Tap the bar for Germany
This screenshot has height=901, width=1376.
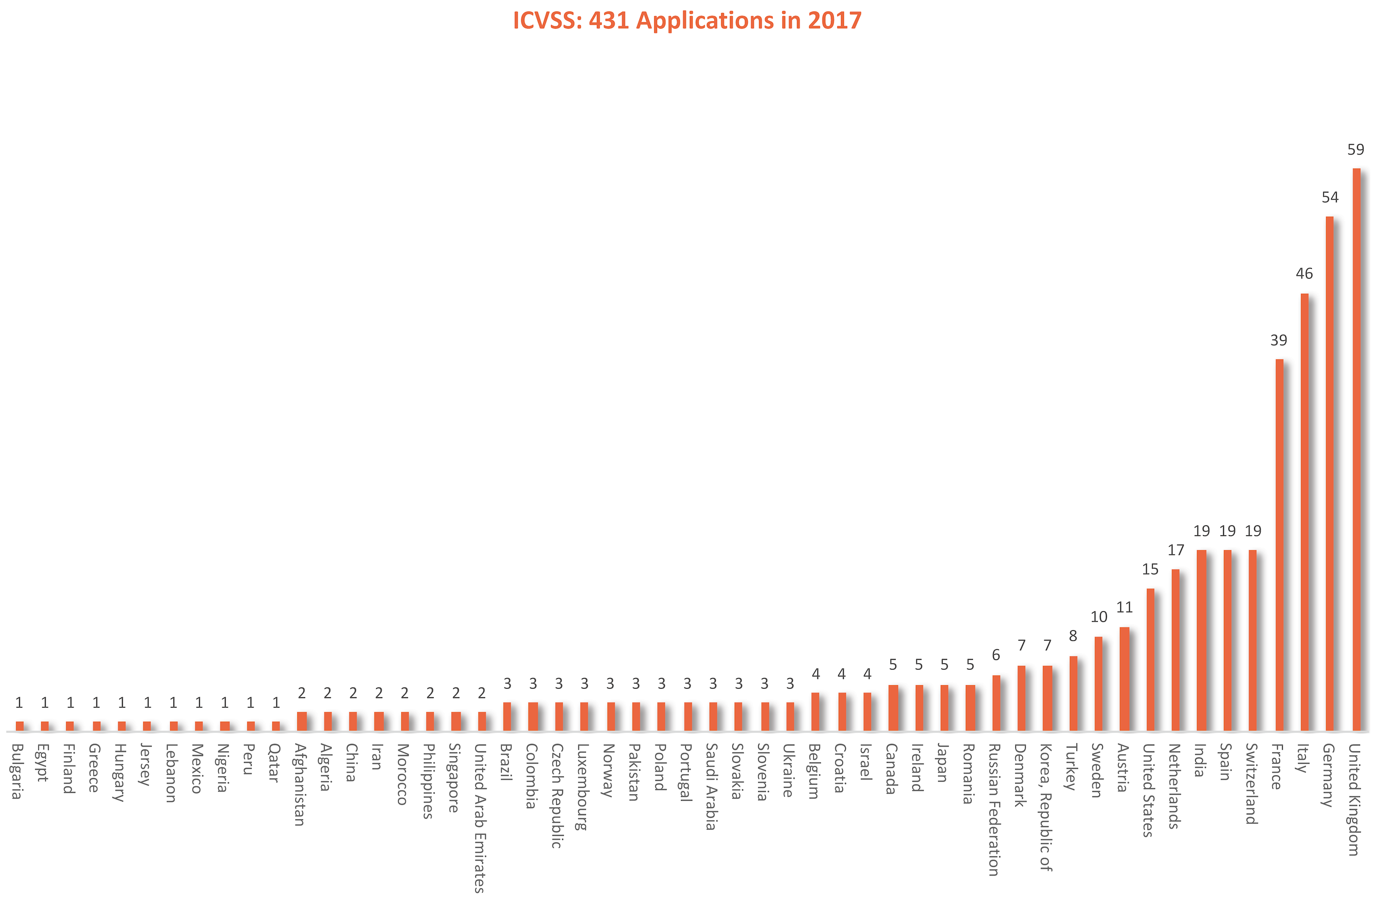(x=1330, y=474)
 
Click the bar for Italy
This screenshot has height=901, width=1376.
(x=1304, y=512)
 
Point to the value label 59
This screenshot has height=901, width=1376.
(x=1356, y=150)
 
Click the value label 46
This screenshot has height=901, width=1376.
(x=1304, y=274)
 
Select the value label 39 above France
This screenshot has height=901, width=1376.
(x=1278, y=341)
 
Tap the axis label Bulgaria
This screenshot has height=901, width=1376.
(x=18, y=771)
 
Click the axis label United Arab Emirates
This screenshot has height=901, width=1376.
(x=480, y=817)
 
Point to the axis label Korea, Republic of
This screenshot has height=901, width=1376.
(x=1046, y=806)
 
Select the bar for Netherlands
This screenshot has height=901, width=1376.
(x=1175, y=650)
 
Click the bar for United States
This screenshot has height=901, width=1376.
(x=1150, y=659)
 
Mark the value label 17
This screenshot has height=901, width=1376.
(x=1176, y=550)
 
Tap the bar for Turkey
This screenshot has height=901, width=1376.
(x=1073, y=694)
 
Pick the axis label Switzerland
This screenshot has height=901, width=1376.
(x=1252, y=783)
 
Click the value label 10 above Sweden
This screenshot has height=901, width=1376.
(x=1099, y=617)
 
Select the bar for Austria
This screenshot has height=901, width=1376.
(x=1124, y=679)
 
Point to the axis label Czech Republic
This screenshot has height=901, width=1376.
(x=557, y=795)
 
